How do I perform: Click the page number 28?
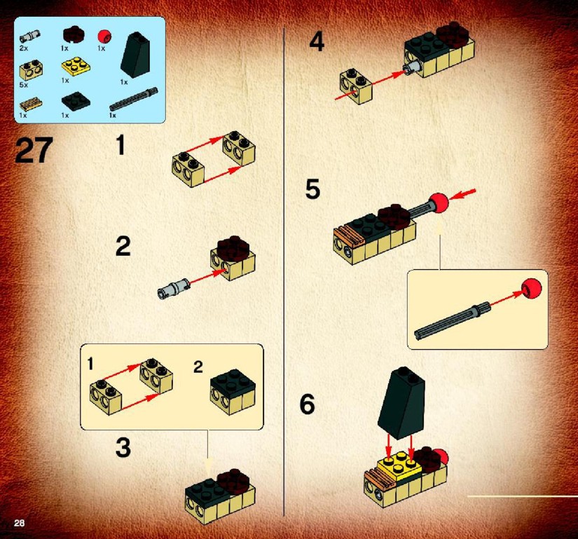[19, 522]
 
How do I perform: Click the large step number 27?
[34, 150]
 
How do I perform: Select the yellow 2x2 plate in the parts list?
[76, 66]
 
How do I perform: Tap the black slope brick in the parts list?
[135, 55]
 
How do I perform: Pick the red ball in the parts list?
[104, 36]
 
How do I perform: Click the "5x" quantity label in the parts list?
[24, 85]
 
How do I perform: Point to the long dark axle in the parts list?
[133, 99]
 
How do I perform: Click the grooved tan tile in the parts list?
[31, 104]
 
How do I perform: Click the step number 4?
[317, 41]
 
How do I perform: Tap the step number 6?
[307, 404]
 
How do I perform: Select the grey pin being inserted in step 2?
[173, 288]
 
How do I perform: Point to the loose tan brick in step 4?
[356, 86]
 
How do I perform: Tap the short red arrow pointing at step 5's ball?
[462, 194]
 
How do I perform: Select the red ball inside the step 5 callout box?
[531, 289]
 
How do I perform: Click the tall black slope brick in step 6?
[401, 402]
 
